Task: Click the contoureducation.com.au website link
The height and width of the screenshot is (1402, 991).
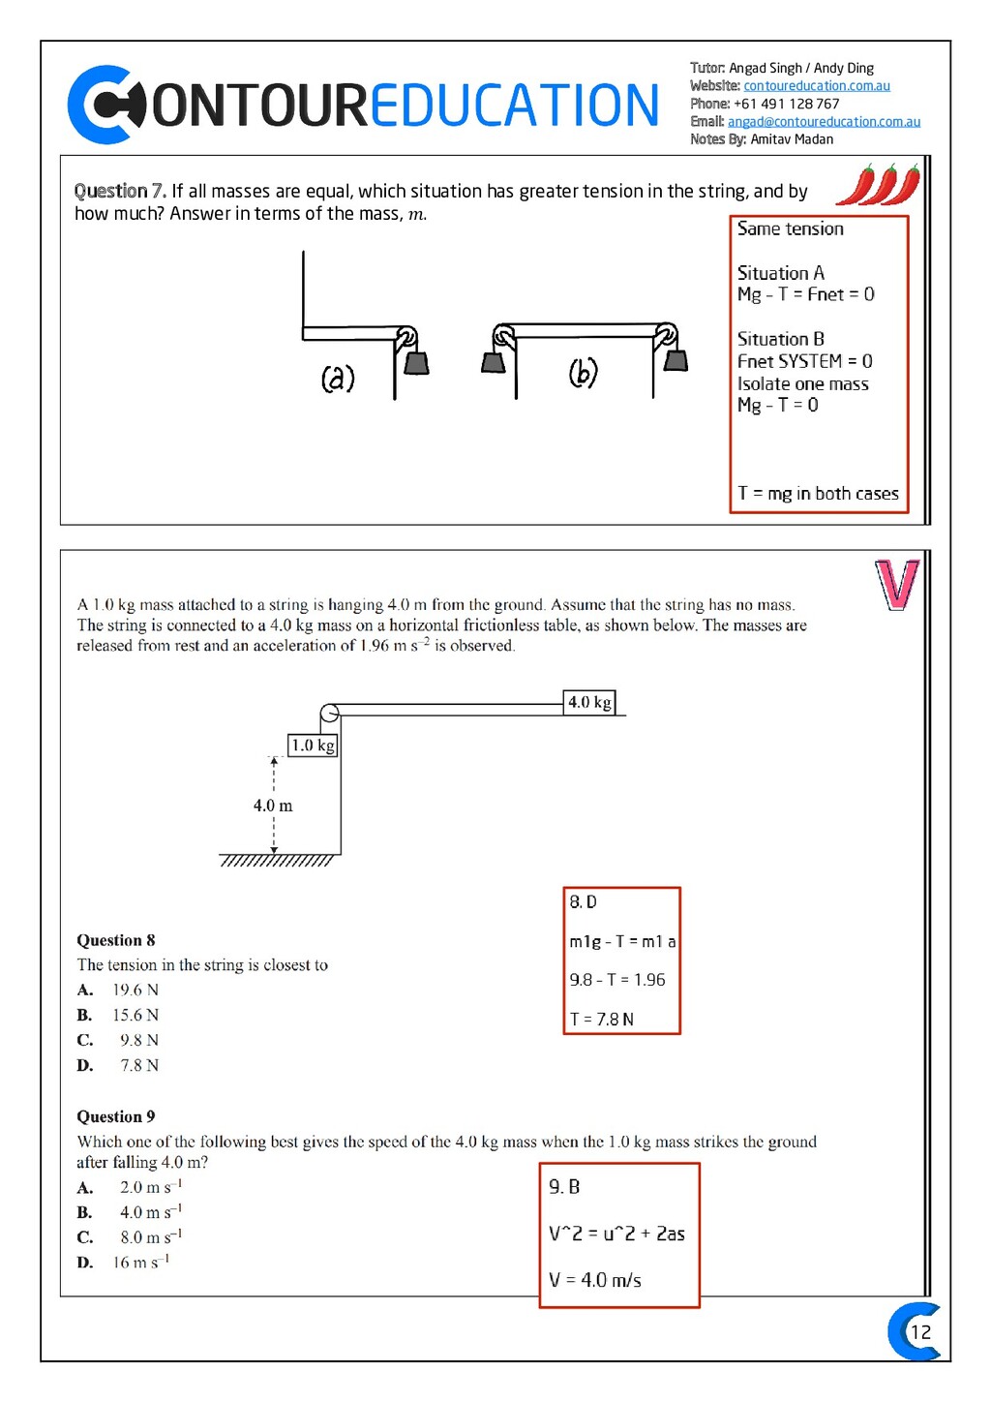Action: pyautogui.click(x=816, y=86)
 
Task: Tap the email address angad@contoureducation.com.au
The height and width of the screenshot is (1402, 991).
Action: pyautogui.click(x=824, y=122)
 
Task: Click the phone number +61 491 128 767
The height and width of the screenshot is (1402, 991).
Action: pyautogui.click(x=786, y=104)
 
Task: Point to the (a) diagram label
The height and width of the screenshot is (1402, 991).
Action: pyautogui.click(x=338, y=377)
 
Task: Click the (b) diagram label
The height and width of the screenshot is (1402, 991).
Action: pyautogui.click(x=583, y=372)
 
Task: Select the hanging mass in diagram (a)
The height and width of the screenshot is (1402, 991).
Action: pyautogui.click(x=416, y=362)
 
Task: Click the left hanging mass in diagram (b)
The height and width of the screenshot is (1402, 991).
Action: pyautogui.click(x=494, y=362)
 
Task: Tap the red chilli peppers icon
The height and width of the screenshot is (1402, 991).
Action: pyautogui.click(x=878, y=184)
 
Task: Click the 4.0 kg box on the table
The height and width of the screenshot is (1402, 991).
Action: pyautogui.click(x=589, y=702)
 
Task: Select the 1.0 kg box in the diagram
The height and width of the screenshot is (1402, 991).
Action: pyautogui.click(x=313, y=745)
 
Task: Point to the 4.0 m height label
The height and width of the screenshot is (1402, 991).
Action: pyautogui.click(x=273, y=806)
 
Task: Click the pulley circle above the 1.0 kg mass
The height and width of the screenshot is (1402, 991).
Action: pyautogui.click(x=329, y=714)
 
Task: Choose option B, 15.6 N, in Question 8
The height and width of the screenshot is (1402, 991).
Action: pyautogui.click(x=135, y=1015)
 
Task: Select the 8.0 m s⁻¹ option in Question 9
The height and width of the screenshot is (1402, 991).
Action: pyautogui.click(x=150, y=1237)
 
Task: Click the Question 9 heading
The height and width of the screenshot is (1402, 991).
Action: pyautogui.click(x=116, y=1116)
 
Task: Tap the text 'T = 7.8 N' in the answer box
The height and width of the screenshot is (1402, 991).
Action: pyautogui.click(x=602, y=1020)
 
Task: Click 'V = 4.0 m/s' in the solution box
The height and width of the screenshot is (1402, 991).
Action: pyautogui.click(x=595, y=1280)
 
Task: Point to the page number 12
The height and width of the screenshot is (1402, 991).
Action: pyautogui.click(x=920, y=1332)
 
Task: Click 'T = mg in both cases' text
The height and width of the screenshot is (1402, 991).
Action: pyautogui.click(x=818, y=494)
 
